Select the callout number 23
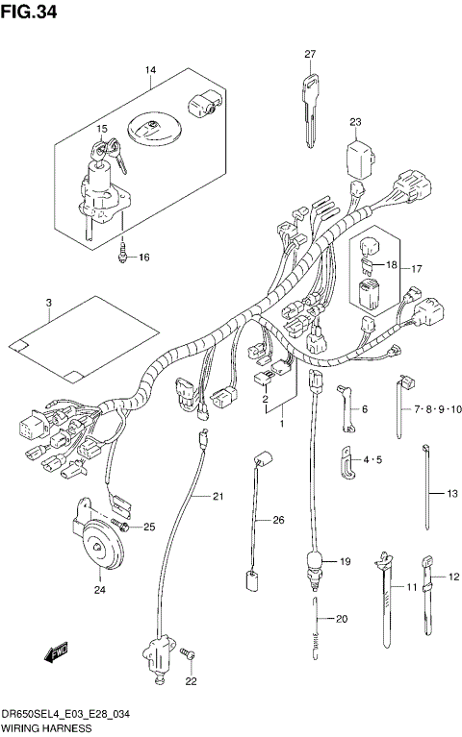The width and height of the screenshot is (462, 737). coord(355,122)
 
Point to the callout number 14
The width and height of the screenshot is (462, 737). coord(150,71)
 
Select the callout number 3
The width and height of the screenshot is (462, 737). coord(47,304)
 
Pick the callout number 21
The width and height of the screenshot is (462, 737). coord(217,496)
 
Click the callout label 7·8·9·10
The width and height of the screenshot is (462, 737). coord(438,409)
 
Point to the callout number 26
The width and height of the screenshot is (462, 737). coord(279,520)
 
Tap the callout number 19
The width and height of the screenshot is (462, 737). coord(346,560)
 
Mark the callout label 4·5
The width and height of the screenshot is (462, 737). coord(372,462)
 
